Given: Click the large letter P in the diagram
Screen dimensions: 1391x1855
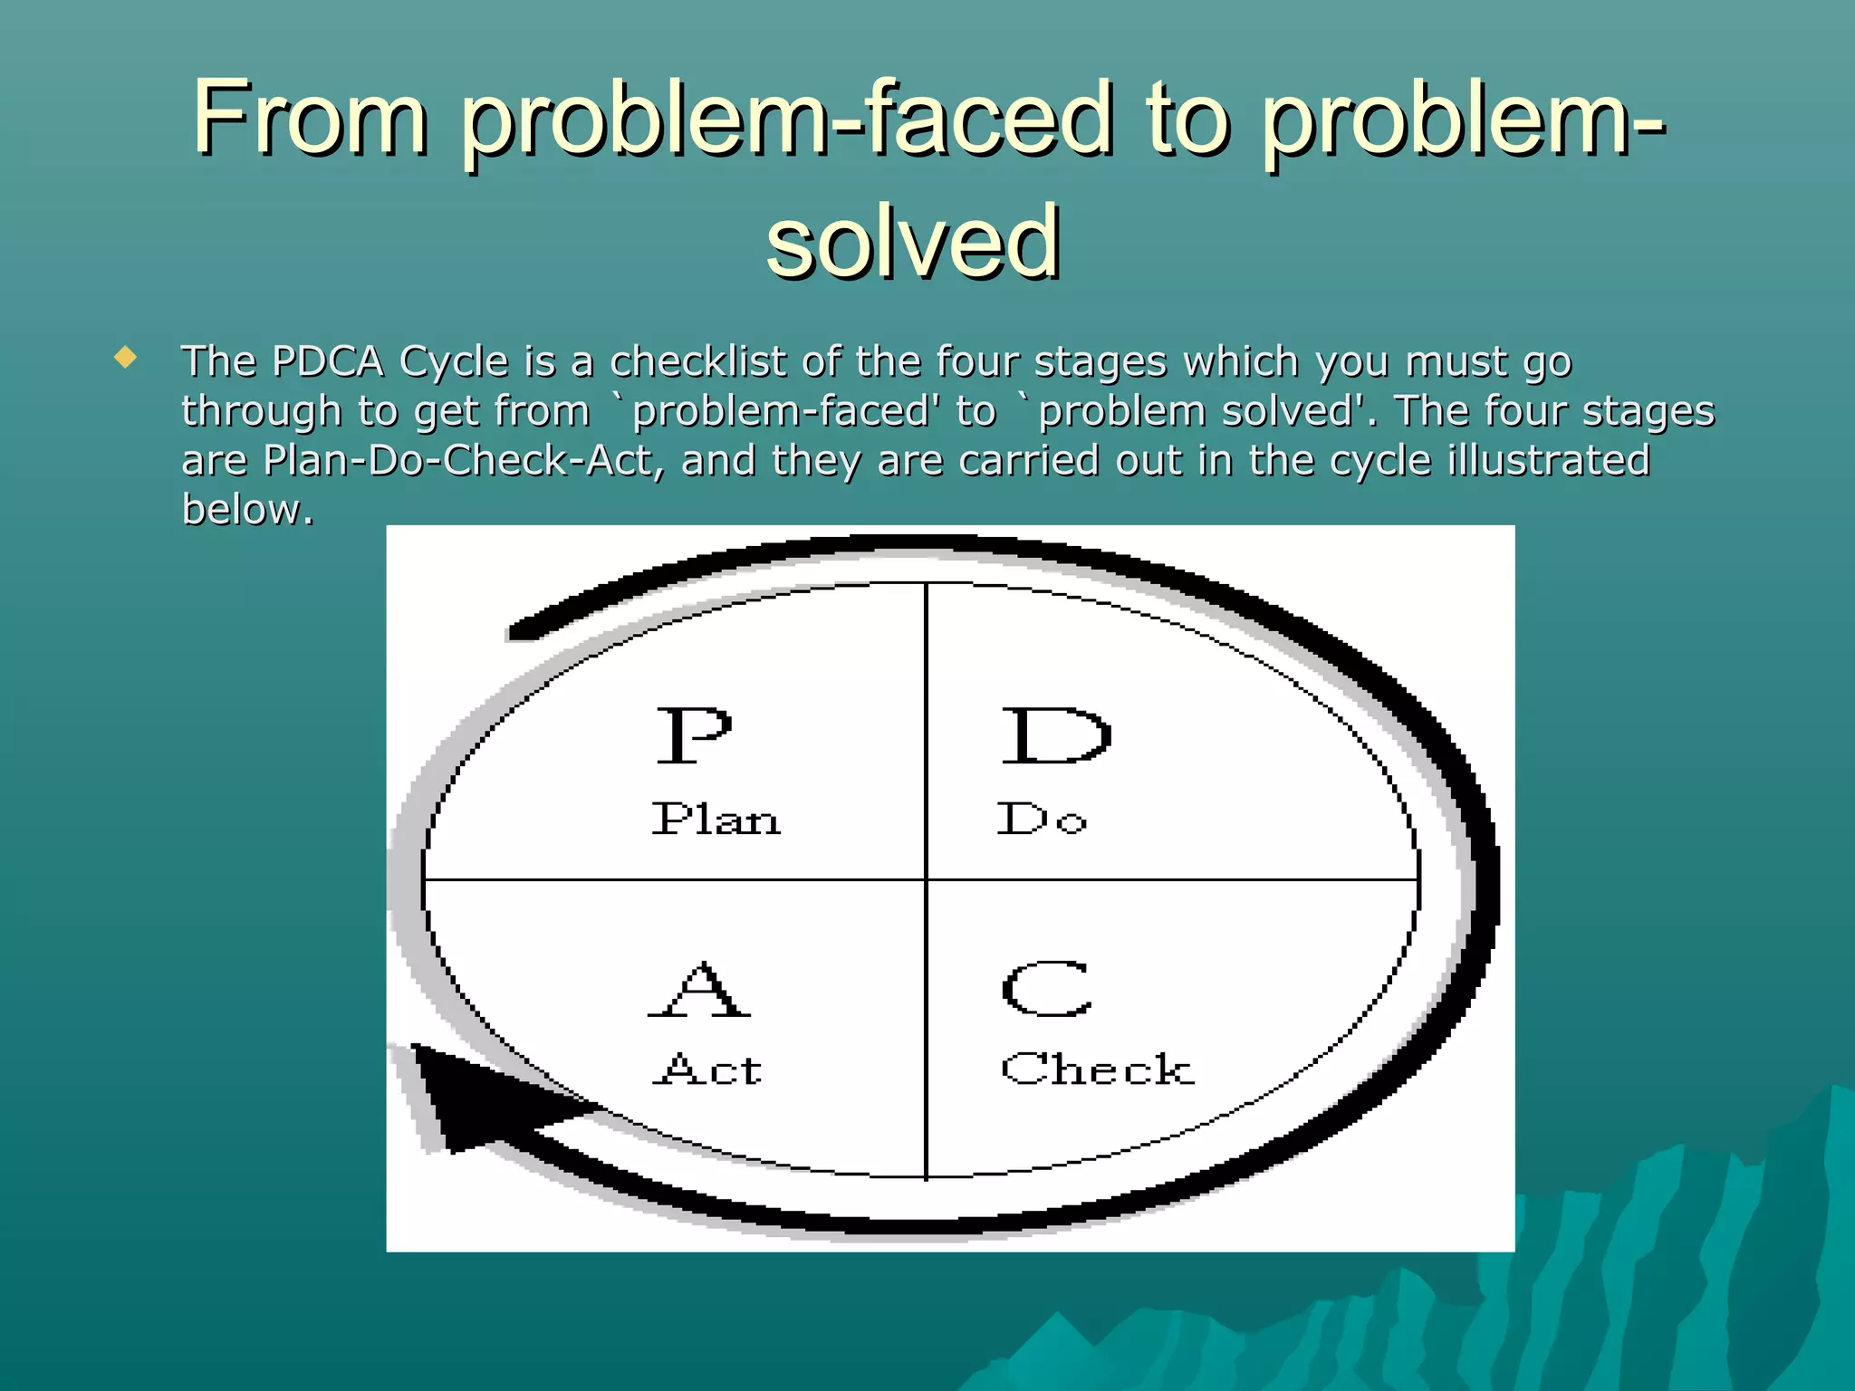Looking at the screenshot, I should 693,735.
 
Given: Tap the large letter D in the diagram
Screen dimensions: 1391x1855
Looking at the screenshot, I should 1055,735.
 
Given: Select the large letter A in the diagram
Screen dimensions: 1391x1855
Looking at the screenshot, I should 699,989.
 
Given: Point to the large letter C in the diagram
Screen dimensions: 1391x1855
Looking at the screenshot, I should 1047,988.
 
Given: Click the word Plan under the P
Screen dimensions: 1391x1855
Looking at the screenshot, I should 716,820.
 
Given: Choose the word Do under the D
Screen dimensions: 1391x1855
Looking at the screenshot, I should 1042,819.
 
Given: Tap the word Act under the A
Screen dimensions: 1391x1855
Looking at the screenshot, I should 708,1070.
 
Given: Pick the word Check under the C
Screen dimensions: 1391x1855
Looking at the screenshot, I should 1097,1070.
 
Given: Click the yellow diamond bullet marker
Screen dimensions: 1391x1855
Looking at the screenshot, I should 125,357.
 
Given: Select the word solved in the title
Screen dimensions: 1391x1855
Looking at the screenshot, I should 913,241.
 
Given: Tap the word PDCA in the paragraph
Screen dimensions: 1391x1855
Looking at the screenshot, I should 328,361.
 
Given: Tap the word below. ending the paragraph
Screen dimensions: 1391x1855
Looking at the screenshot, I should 247,509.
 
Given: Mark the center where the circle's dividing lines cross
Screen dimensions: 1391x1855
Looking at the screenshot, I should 927,878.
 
